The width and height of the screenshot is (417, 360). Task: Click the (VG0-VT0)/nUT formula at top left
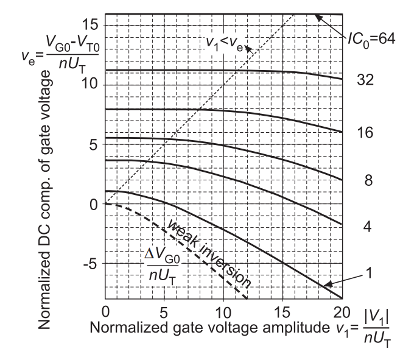[x=49, y=43]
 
